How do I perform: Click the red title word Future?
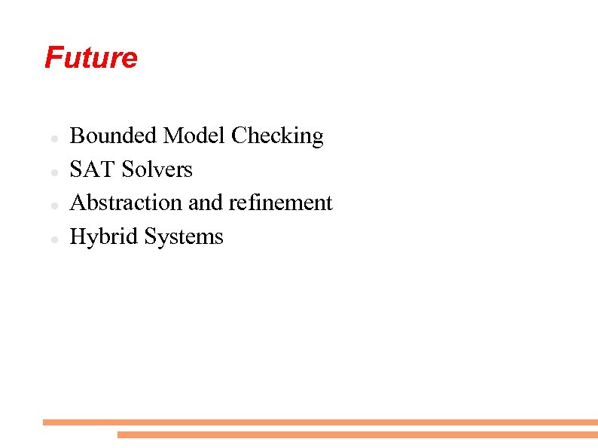[91, 58]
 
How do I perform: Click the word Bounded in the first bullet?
[114, 136]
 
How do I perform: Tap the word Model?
[195, 136]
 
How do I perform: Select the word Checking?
[277, 136]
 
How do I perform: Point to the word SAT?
[93, 169]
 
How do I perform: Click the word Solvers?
[157, 169]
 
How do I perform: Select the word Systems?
[184, 237]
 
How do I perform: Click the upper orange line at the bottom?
[320, 422]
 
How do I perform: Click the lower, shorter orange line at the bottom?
[357, 434]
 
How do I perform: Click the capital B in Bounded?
[77, 136]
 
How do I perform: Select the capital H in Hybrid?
[78, 236]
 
